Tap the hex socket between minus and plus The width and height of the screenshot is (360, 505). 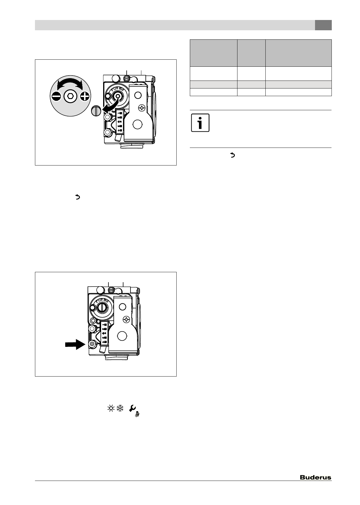click(70, 96)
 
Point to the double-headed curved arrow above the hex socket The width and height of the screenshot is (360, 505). click(70, 83)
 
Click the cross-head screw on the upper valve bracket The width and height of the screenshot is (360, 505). click(142, 108)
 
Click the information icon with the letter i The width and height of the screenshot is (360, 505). click(200, 123)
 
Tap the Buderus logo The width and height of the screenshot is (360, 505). click(315, 477)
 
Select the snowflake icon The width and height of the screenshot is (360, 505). click(120, 408)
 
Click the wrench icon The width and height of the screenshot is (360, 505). click(132, 408)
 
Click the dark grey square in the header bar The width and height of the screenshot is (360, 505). click(323, 25)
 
